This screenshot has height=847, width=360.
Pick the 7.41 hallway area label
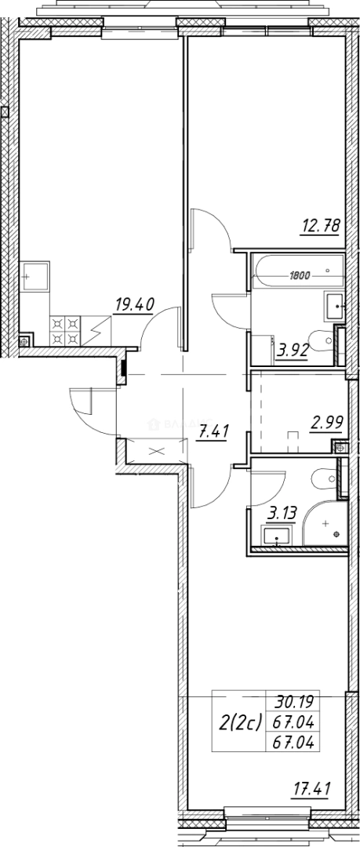tap(209, 431)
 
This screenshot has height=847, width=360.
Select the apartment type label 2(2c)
tap(238, 723)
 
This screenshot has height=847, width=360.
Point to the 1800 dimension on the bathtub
tap(300, 275)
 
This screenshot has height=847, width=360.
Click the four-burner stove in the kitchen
tap(65, 330)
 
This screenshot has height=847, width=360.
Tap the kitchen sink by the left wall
tap(36, 277)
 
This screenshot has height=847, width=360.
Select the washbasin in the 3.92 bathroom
tap(334, 304)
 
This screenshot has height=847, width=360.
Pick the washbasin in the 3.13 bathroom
tap(277, 537)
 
